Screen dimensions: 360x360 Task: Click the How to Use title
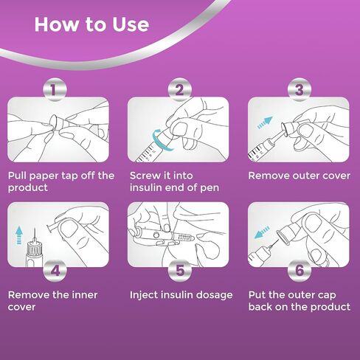91,24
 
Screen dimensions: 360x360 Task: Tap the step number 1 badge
55,90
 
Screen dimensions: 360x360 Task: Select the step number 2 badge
180,90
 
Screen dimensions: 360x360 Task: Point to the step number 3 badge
300,90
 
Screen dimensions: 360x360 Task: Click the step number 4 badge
55,270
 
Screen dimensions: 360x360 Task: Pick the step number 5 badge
180,270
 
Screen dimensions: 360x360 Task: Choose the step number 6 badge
300,270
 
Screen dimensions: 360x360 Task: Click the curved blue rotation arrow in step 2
157,142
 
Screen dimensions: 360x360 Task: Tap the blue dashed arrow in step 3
265,122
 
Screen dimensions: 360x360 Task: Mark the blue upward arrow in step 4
19,235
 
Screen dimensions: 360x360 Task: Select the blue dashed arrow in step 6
262,232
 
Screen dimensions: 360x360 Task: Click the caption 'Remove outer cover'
299,176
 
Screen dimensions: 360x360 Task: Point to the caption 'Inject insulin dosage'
181,295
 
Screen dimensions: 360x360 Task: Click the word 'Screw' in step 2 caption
143,176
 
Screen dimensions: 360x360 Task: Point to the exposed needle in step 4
35,235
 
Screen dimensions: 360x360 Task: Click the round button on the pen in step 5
156,235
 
